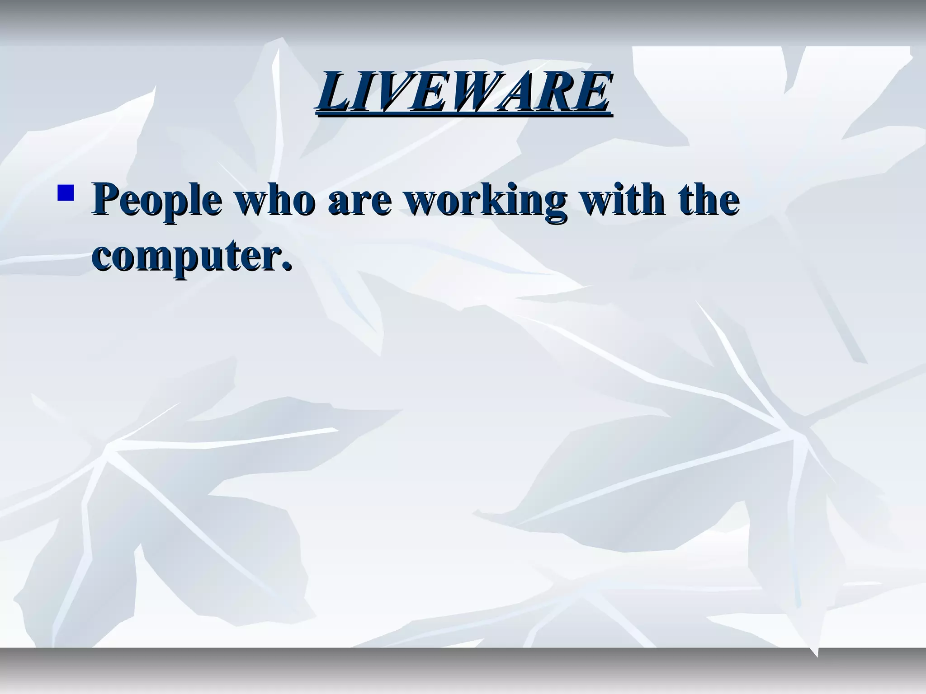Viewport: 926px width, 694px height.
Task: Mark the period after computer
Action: [x=285, y=266]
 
